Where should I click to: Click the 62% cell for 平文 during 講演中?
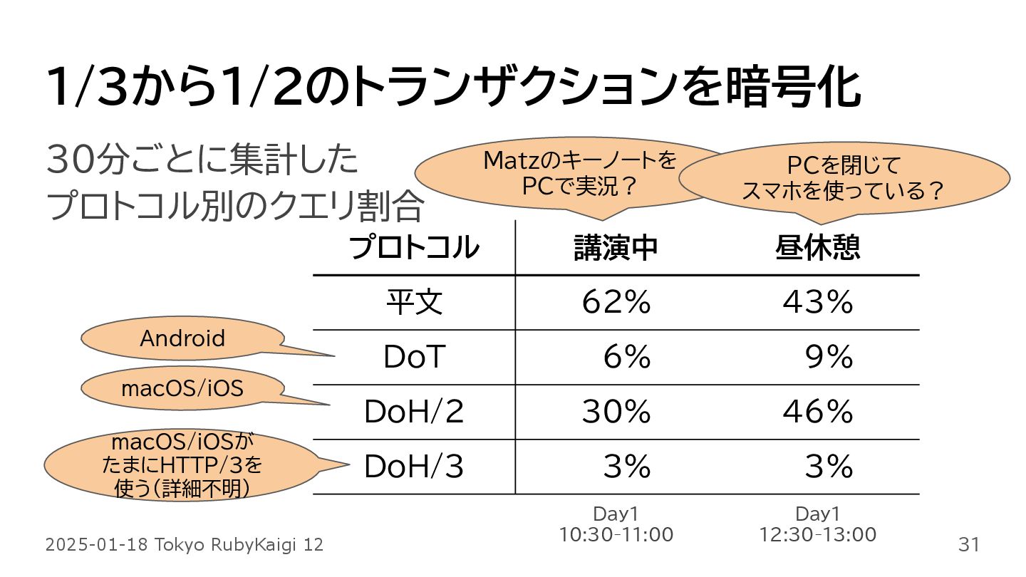click(x=616, y=303)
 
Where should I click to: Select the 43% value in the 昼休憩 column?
click(x=818, y=303)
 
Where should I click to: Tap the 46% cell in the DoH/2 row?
click(x=818, y=412)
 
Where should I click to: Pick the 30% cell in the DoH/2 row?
click(x=616, y=412)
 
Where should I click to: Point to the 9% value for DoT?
click(x=829, y=357)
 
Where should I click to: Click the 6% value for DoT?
click(x=627, y=357)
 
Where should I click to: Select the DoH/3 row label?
click(x=414, y=467)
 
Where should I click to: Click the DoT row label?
click(x=414, y=357)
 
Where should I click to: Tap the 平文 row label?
click(x=414, y=303)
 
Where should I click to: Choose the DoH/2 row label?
click(x=414, y=412)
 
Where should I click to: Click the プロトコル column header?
click(x=414, y=248)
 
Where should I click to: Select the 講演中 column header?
click(x=616, y=248)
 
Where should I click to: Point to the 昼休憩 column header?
click(x=818, y=248)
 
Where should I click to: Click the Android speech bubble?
click(x=182, y=338)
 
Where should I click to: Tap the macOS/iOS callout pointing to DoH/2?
click(x=182, y=388)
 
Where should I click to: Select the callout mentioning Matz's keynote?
click(x=579, y=174)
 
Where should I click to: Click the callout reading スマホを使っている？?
click(x=844, y=180)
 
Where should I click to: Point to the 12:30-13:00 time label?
click(x=818, y=534)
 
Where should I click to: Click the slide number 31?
click(x=968, y=545)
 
